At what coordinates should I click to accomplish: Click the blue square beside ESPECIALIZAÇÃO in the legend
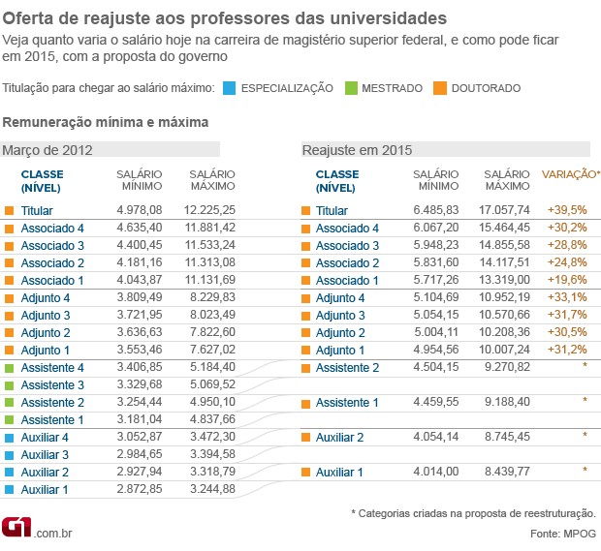click(228, 88)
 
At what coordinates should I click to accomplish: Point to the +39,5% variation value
click(567, 210)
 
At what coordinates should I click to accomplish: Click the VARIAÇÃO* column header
click(570, 174)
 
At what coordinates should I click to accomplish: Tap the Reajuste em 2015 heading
click(357, 149)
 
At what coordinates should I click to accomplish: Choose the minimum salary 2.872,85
click(139, 489)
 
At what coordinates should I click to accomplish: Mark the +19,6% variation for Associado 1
click(567, 280)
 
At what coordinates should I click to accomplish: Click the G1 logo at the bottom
click(17, 529)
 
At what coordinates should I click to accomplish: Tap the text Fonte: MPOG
click(564, 534)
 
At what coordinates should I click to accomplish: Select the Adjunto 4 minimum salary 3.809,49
click(139, 297)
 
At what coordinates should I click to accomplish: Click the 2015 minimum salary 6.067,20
click(435, 228)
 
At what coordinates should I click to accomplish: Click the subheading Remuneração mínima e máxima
click(106, 122)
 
